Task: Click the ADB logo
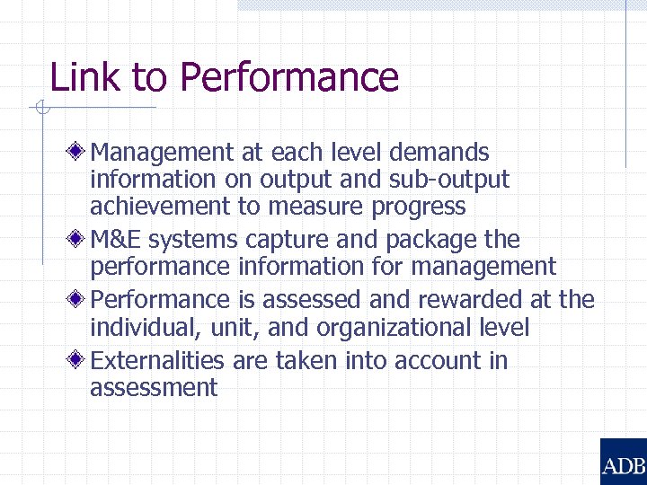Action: [x=623, y=462]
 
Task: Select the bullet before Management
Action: [x=80, y=151]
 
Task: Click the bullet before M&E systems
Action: [x=80, y=239]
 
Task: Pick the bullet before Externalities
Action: [x=80, y=360]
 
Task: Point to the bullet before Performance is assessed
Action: [x=80, y=298]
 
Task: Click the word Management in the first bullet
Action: [x=163, y=153]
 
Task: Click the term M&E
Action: [x=116, y=240]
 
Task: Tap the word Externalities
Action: [x=158, y=361]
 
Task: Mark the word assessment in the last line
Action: [x=153, y=388]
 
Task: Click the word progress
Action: [x=419, y=207]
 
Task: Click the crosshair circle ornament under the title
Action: [x=40, y=110]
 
